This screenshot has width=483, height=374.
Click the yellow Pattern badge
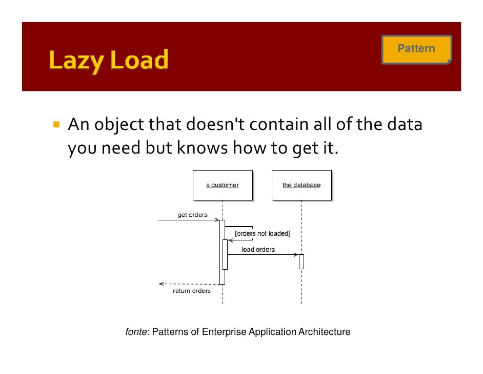[416, 49]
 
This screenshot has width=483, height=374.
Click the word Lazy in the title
[76, 61]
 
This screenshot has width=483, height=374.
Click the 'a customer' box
[223, 185]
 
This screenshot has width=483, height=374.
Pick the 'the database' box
[301, 185]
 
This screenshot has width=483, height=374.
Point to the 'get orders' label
[192, 215]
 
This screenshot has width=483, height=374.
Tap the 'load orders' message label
[258, 250]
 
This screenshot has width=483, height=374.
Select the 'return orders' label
[192, 291]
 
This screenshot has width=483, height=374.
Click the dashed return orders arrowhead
[161, 284]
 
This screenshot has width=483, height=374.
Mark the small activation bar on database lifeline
[301, 261]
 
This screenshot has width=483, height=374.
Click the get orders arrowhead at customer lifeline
[217, 220]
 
